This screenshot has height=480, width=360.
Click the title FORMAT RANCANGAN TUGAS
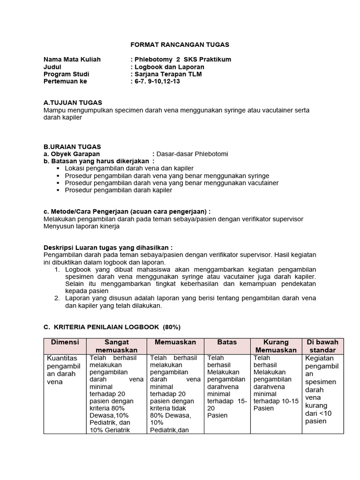[x=180, y=45]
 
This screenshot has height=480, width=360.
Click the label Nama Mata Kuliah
[x=72, y=60]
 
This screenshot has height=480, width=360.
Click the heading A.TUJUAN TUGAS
[x=73, y=103]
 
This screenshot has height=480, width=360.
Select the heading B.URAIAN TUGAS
[x=72, y=147]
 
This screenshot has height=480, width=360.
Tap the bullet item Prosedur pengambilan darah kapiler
[x=119, y=190]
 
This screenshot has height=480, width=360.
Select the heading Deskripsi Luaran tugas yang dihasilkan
[x=108, y=247]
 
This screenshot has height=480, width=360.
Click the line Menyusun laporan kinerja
[x=82, y=226]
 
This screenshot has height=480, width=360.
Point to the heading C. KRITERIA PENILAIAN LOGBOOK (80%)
[x=112, y=327]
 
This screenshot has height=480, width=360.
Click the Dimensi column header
[x=65, y=343]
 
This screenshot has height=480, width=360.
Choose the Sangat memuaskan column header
[x=117, y=346]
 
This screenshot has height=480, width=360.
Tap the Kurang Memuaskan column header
[x=276, y=346]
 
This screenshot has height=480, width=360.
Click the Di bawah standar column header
[x=322, y=346]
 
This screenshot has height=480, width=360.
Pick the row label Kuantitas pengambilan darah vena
[x=64, y=370]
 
